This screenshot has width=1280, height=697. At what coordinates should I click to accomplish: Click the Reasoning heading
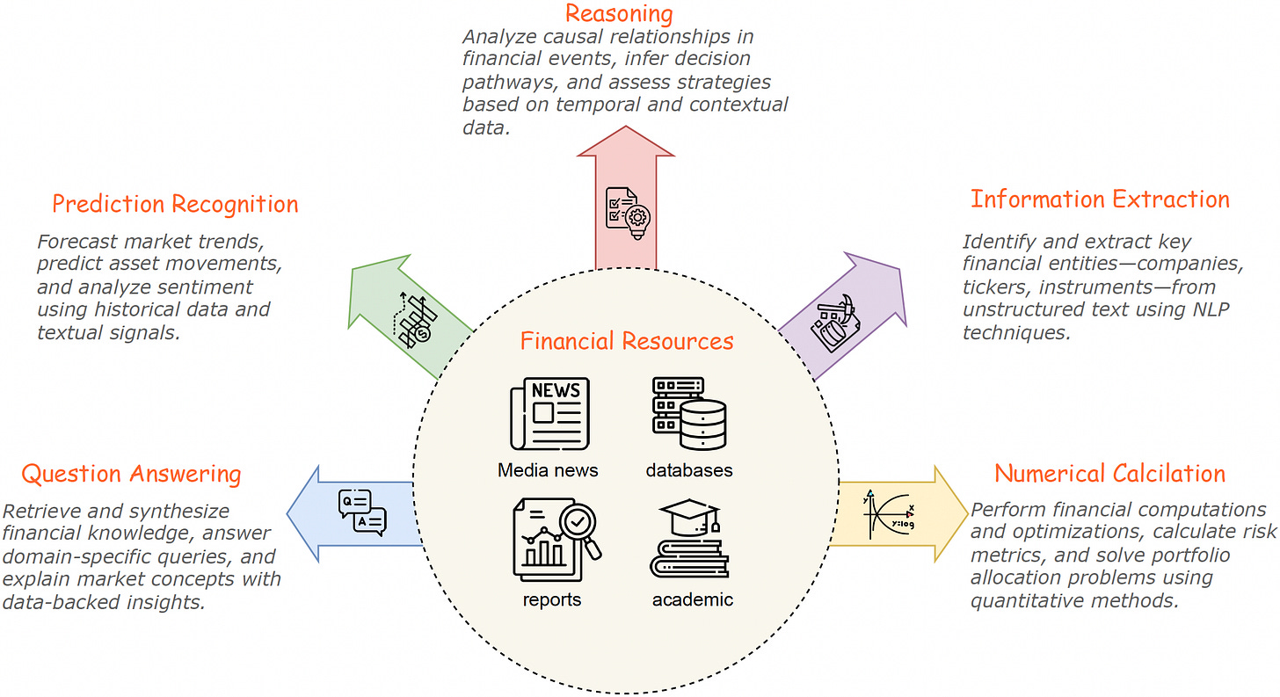618,14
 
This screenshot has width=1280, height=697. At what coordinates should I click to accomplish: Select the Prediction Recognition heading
175,205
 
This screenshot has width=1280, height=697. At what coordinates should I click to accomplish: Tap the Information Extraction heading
1099,200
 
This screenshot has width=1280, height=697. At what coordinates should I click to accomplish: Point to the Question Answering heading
131,475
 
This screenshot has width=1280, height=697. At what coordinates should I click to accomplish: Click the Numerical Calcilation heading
1109,474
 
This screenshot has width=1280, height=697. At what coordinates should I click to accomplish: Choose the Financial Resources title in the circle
627,341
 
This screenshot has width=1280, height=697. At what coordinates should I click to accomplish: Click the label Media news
548,470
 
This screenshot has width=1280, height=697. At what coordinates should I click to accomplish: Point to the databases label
689,470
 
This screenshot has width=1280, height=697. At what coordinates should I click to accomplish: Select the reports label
552,600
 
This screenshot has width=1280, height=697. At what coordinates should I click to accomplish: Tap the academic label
693,600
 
